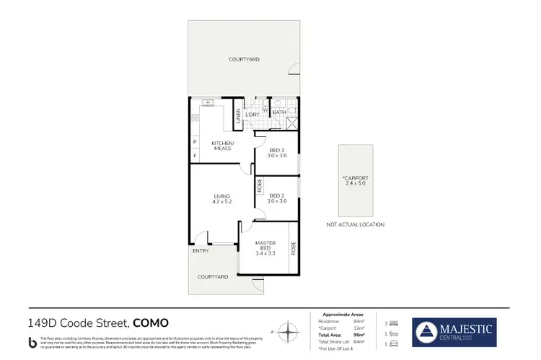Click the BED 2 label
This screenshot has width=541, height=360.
coord(278,198)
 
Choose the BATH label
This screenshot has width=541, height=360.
coord(280,113)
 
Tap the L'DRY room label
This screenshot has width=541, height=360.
coord(252,115)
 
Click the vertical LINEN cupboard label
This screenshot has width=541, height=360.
coord(238,115)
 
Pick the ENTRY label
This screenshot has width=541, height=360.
coord(200,251)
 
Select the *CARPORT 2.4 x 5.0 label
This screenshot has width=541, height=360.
coord(355,180)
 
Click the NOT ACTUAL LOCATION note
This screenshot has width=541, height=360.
coord(356,224)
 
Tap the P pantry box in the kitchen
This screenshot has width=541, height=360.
coord(194,142)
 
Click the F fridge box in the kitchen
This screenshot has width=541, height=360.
coord(194,156)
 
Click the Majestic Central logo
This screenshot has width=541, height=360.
coord(454,332)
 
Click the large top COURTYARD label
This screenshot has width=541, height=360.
coord(244,59)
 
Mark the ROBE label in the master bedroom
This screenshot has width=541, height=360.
coord(294,249)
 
